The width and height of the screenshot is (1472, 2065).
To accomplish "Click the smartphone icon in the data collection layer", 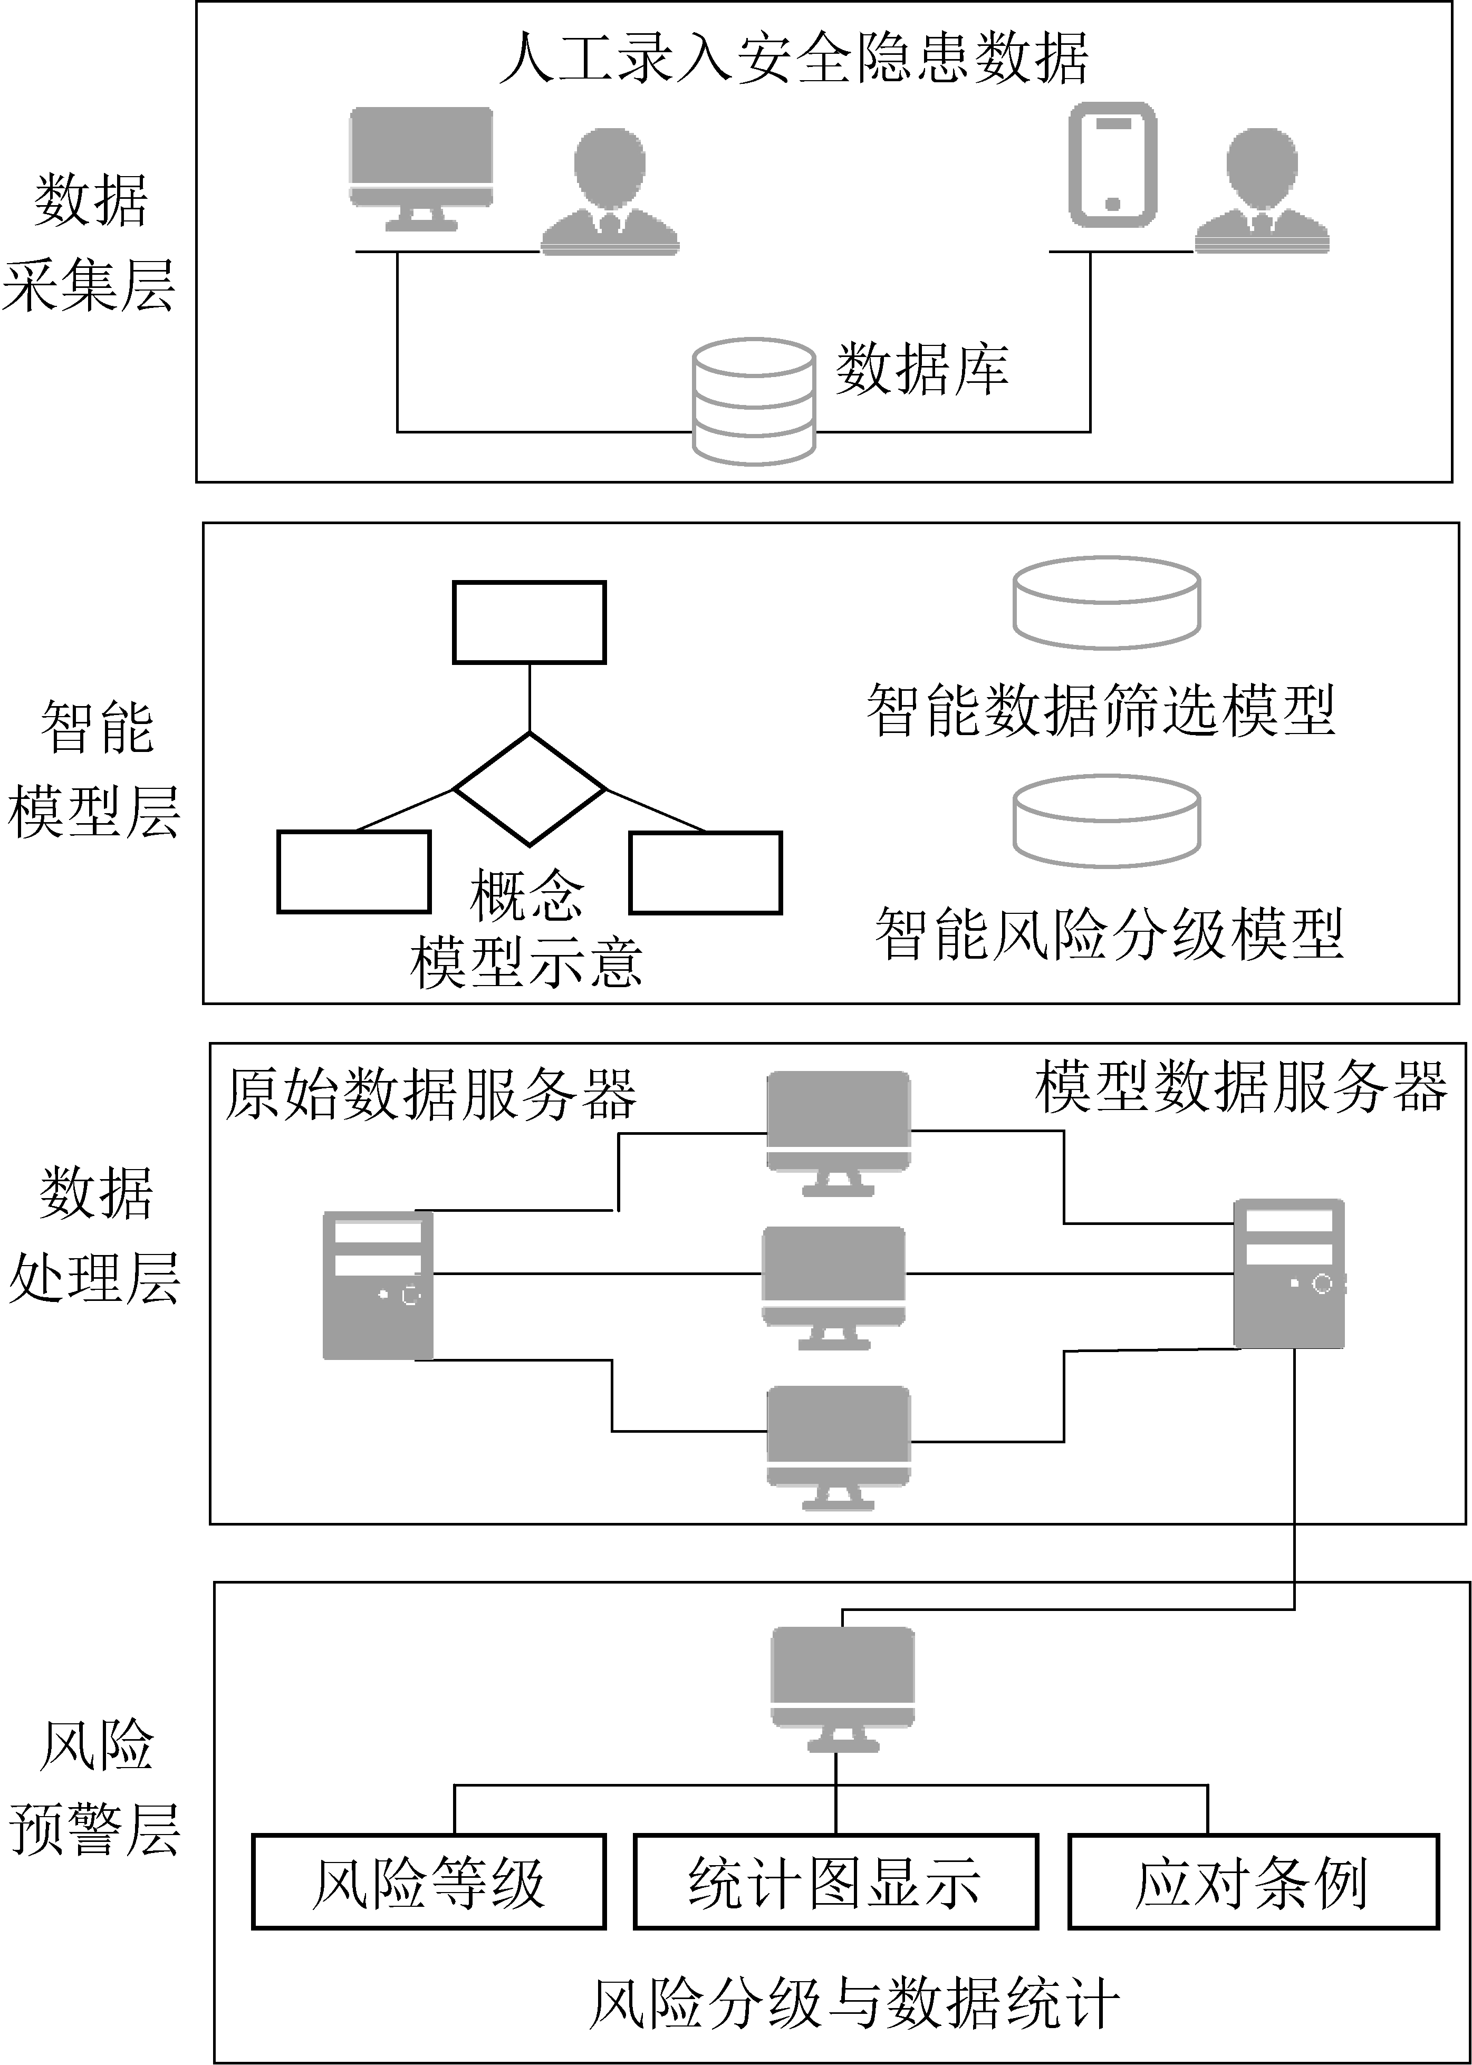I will click(x=1112, y=165).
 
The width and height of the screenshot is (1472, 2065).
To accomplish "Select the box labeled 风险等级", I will click(x=428, y=1882).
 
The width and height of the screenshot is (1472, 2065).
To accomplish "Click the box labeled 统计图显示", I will click(x=835, y=1882).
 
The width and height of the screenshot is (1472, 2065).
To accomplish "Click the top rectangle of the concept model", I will click(x=530, y=622).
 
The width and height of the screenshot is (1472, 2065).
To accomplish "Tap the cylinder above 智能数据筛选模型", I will click(x=1107, y=603).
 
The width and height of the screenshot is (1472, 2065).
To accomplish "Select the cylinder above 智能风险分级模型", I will click(x=1107, y=821).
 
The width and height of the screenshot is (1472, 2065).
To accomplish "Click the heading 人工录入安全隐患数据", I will click(x=794, y=58).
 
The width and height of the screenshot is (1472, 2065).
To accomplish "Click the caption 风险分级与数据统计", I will click(x=854, y=2002).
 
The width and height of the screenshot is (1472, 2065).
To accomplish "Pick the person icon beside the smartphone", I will click(x=1262, y=190).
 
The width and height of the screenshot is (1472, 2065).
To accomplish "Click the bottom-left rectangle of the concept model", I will click(x=353, y=872).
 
